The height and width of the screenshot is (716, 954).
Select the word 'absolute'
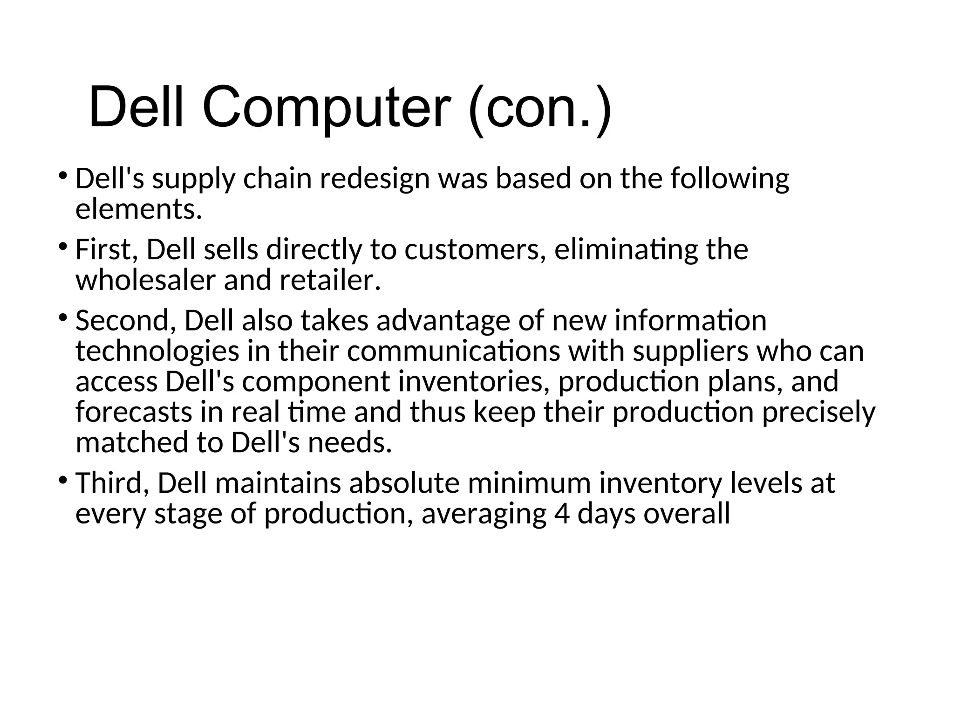point(404,483)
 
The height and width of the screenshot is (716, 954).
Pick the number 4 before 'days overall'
point(562,514)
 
